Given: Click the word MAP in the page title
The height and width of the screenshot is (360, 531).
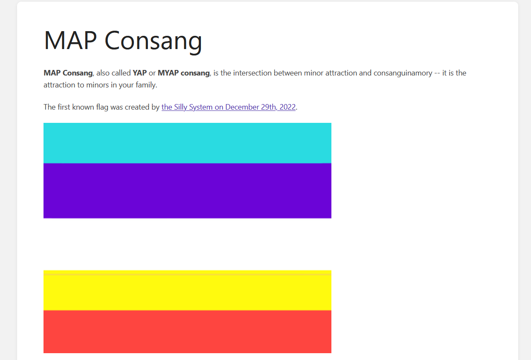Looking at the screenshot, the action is point(70,40).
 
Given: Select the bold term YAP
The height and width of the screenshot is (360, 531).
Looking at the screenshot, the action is point(139,73).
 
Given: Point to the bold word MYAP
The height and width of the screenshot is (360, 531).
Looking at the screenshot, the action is point(168,73).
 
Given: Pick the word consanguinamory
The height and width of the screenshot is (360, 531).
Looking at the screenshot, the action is point(403,73).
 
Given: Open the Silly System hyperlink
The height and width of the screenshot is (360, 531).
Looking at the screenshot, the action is point(229,107).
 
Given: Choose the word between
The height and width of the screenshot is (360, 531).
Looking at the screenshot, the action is point(287,73).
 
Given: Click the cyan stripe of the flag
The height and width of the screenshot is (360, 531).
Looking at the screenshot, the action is point(187,143).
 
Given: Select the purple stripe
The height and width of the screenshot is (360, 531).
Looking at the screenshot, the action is point(187,191).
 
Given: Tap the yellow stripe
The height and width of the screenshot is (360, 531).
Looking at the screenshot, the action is point(187,290).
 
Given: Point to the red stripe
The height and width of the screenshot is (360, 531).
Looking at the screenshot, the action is point(187,332).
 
